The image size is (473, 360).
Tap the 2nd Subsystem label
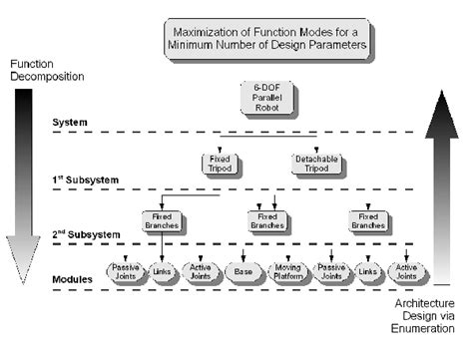pos(86,235)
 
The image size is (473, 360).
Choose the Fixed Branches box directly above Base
pos(266,220)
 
